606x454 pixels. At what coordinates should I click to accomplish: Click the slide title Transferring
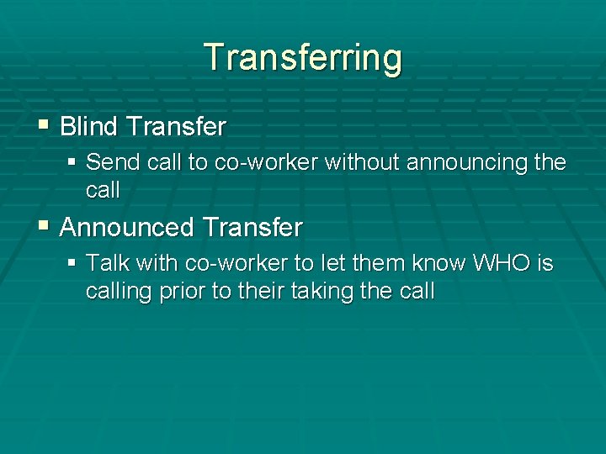(x=303, y=58)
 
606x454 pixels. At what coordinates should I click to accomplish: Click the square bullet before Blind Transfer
(x=44, y=127)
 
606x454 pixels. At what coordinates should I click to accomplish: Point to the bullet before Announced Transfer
(x=44, y=227)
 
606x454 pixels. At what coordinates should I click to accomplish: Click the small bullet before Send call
(x=72, y=161)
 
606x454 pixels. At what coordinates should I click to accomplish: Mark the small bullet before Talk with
(x=72, y=263)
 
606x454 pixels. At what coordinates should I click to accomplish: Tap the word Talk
(x=107, y=263)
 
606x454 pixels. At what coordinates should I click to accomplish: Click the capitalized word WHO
(x=502, y=263)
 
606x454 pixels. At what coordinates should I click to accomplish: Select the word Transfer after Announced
(x=252, y=227)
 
